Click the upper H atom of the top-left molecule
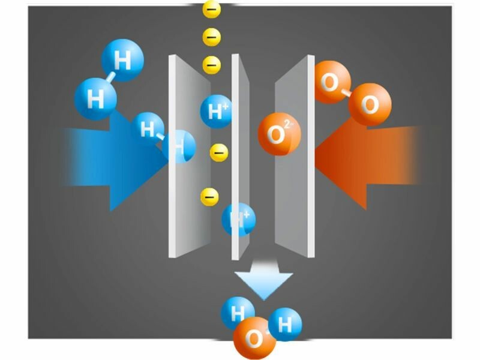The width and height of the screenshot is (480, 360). coord(123,60)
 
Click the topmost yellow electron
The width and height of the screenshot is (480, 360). coord(212,9)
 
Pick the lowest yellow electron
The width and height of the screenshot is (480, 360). coord(209,196)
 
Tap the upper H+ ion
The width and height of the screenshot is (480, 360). coord(216,111)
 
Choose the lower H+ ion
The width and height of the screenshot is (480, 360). coord(239,220)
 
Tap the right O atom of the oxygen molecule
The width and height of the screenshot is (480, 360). coord(370,105)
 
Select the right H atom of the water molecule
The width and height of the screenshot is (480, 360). coord(285,325)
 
